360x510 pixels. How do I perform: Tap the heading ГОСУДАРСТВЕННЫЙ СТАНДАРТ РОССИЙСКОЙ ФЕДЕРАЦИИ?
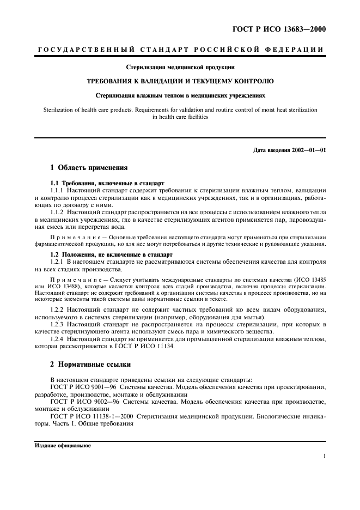(x=180, y=50)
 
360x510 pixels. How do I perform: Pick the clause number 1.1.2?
(x=57, y=211)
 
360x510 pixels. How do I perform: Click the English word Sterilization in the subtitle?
(x=59, y=110)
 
